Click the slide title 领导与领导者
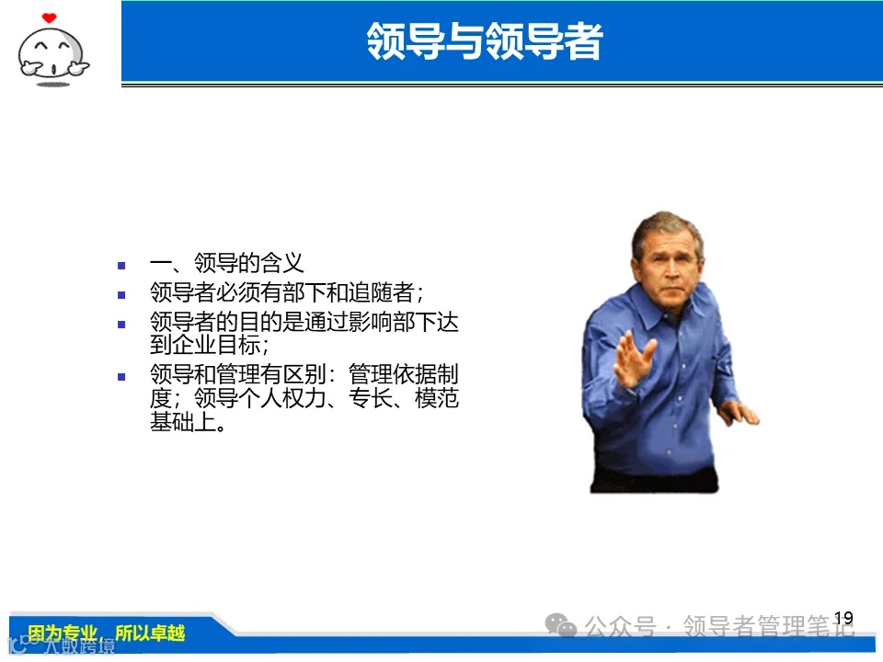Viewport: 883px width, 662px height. pos(484,42)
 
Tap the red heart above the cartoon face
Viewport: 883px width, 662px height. pos(49,17)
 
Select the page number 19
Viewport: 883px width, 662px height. pos(843,618)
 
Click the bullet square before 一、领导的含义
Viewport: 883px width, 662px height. pos(121,265)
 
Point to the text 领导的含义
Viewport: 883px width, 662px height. pos(248,264)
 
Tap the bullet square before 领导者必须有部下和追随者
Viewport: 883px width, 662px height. pos(121,295)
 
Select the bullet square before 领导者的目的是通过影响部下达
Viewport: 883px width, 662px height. pos(121,325)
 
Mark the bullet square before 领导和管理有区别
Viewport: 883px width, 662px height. pos(121,377)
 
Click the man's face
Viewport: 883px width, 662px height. pos(668,254)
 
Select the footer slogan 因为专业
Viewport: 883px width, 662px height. pos(63,633)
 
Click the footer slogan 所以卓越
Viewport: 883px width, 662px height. pos(150,633)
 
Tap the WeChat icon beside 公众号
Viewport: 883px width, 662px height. pos(560,626)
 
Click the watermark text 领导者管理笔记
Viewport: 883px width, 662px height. pos(768,627)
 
